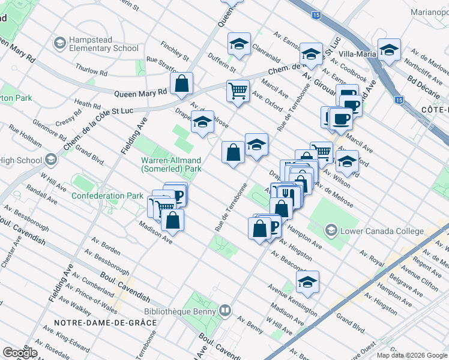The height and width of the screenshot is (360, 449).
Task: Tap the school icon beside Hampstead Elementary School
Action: (59, 43)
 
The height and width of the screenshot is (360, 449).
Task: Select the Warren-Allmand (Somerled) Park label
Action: (171, 165)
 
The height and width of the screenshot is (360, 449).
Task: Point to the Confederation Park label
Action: (107, 196)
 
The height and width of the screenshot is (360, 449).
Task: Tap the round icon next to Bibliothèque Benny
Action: (225, 310)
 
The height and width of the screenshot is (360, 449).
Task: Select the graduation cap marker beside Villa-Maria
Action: (389, 50)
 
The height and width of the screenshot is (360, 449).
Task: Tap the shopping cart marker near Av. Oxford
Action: (238, 91)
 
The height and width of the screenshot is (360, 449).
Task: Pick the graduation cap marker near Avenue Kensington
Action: (307, 282)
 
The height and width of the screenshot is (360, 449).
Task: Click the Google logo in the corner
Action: (19, 353)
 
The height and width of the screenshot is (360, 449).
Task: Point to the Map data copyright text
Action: (411, 355)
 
